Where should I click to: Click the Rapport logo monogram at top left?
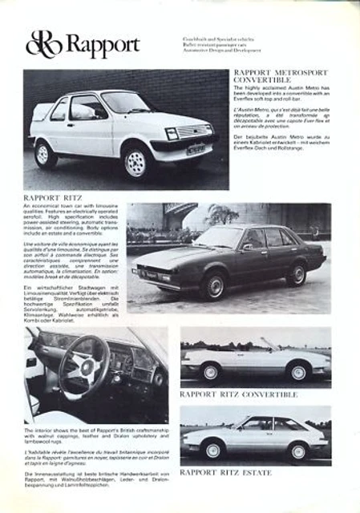tap(43, 45)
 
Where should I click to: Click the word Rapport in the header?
tap(102, 46)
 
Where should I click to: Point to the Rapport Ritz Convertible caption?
tap(238, 394)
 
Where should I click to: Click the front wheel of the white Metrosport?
tap(136, 163)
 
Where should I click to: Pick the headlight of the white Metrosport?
tap(172, 133)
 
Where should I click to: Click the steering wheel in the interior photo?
tap(83, 364)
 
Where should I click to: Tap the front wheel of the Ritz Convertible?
tap(210, 373)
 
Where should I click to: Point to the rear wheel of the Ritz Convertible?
tap(298, 373)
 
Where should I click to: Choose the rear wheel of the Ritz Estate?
tap(297, 451)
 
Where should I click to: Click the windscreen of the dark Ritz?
tap(220, 239)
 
